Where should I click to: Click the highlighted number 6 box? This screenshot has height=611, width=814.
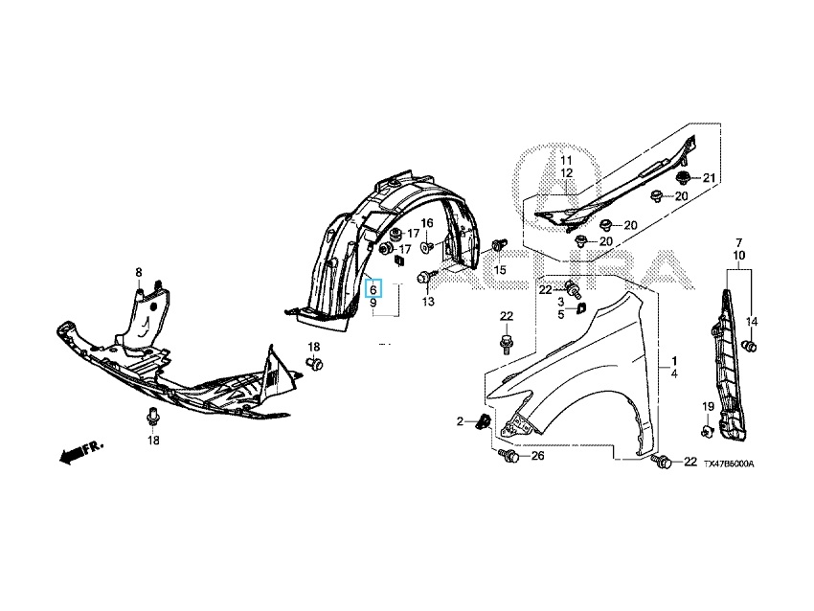click(374, 288)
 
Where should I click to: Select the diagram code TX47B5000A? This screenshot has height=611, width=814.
click(728, 464)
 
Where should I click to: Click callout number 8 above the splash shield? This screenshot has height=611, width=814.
click(138, 272)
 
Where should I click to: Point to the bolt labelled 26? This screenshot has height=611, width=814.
click(509, 457)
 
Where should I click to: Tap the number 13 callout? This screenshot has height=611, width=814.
click(428, 301)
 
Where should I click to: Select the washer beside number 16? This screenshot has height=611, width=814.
click(428, 246)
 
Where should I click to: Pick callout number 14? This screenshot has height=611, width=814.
click(752, 321)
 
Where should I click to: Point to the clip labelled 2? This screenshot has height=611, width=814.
click(484, 421)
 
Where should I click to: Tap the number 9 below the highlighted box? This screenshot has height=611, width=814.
click(374, 303)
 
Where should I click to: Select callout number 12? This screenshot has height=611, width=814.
click(566, 172)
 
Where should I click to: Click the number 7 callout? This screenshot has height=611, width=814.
click(738, 241)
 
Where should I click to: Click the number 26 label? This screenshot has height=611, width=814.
click(537, 456)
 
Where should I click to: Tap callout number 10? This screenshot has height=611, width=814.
click(738, 256)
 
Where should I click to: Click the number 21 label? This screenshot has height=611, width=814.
click(710, 178)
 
